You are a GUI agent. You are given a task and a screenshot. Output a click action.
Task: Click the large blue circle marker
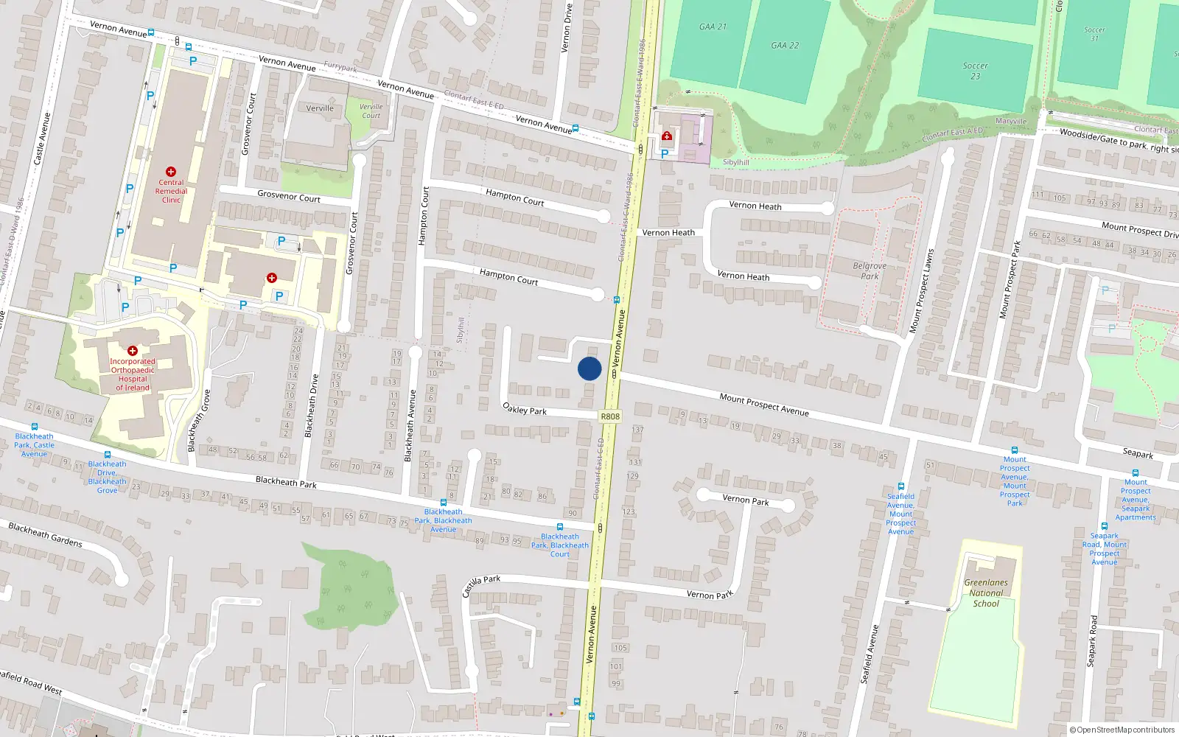click(x=589, y=368)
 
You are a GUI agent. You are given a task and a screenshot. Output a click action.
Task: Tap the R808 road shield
click(x=610, y=416)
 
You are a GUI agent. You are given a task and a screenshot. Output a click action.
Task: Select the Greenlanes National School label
click(x=986, y=593)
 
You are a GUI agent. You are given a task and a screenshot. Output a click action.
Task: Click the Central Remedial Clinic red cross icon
click(x=171, y=172)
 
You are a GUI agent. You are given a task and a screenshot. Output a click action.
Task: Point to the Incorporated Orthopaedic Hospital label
click(x=133, y=374)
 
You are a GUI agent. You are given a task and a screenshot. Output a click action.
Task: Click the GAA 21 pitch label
click(x=713, y=27)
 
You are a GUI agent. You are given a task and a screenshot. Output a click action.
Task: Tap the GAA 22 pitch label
click(x=785, y=46)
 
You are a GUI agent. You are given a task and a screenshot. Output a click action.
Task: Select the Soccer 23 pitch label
click(x=975, y=71)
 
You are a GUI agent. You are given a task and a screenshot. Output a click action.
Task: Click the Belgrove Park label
click(x=870, y=270)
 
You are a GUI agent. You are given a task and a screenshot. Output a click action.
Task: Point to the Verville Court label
click(x=371, y=111)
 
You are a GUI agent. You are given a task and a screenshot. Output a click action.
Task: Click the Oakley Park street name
click(x=524, y=408)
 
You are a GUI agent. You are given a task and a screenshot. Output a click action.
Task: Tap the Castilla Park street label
click(x=481, y=585)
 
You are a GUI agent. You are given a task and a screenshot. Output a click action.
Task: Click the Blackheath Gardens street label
click(x=45, y=534)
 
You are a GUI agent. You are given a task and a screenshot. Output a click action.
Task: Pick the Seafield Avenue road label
click(x=870, y=654)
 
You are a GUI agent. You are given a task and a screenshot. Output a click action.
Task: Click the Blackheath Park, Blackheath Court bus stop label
click(x=560, y=545)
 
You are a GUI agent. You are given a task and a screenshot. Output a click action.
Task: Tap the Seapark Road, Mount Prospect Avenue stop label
click(x=1104, y=549)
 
